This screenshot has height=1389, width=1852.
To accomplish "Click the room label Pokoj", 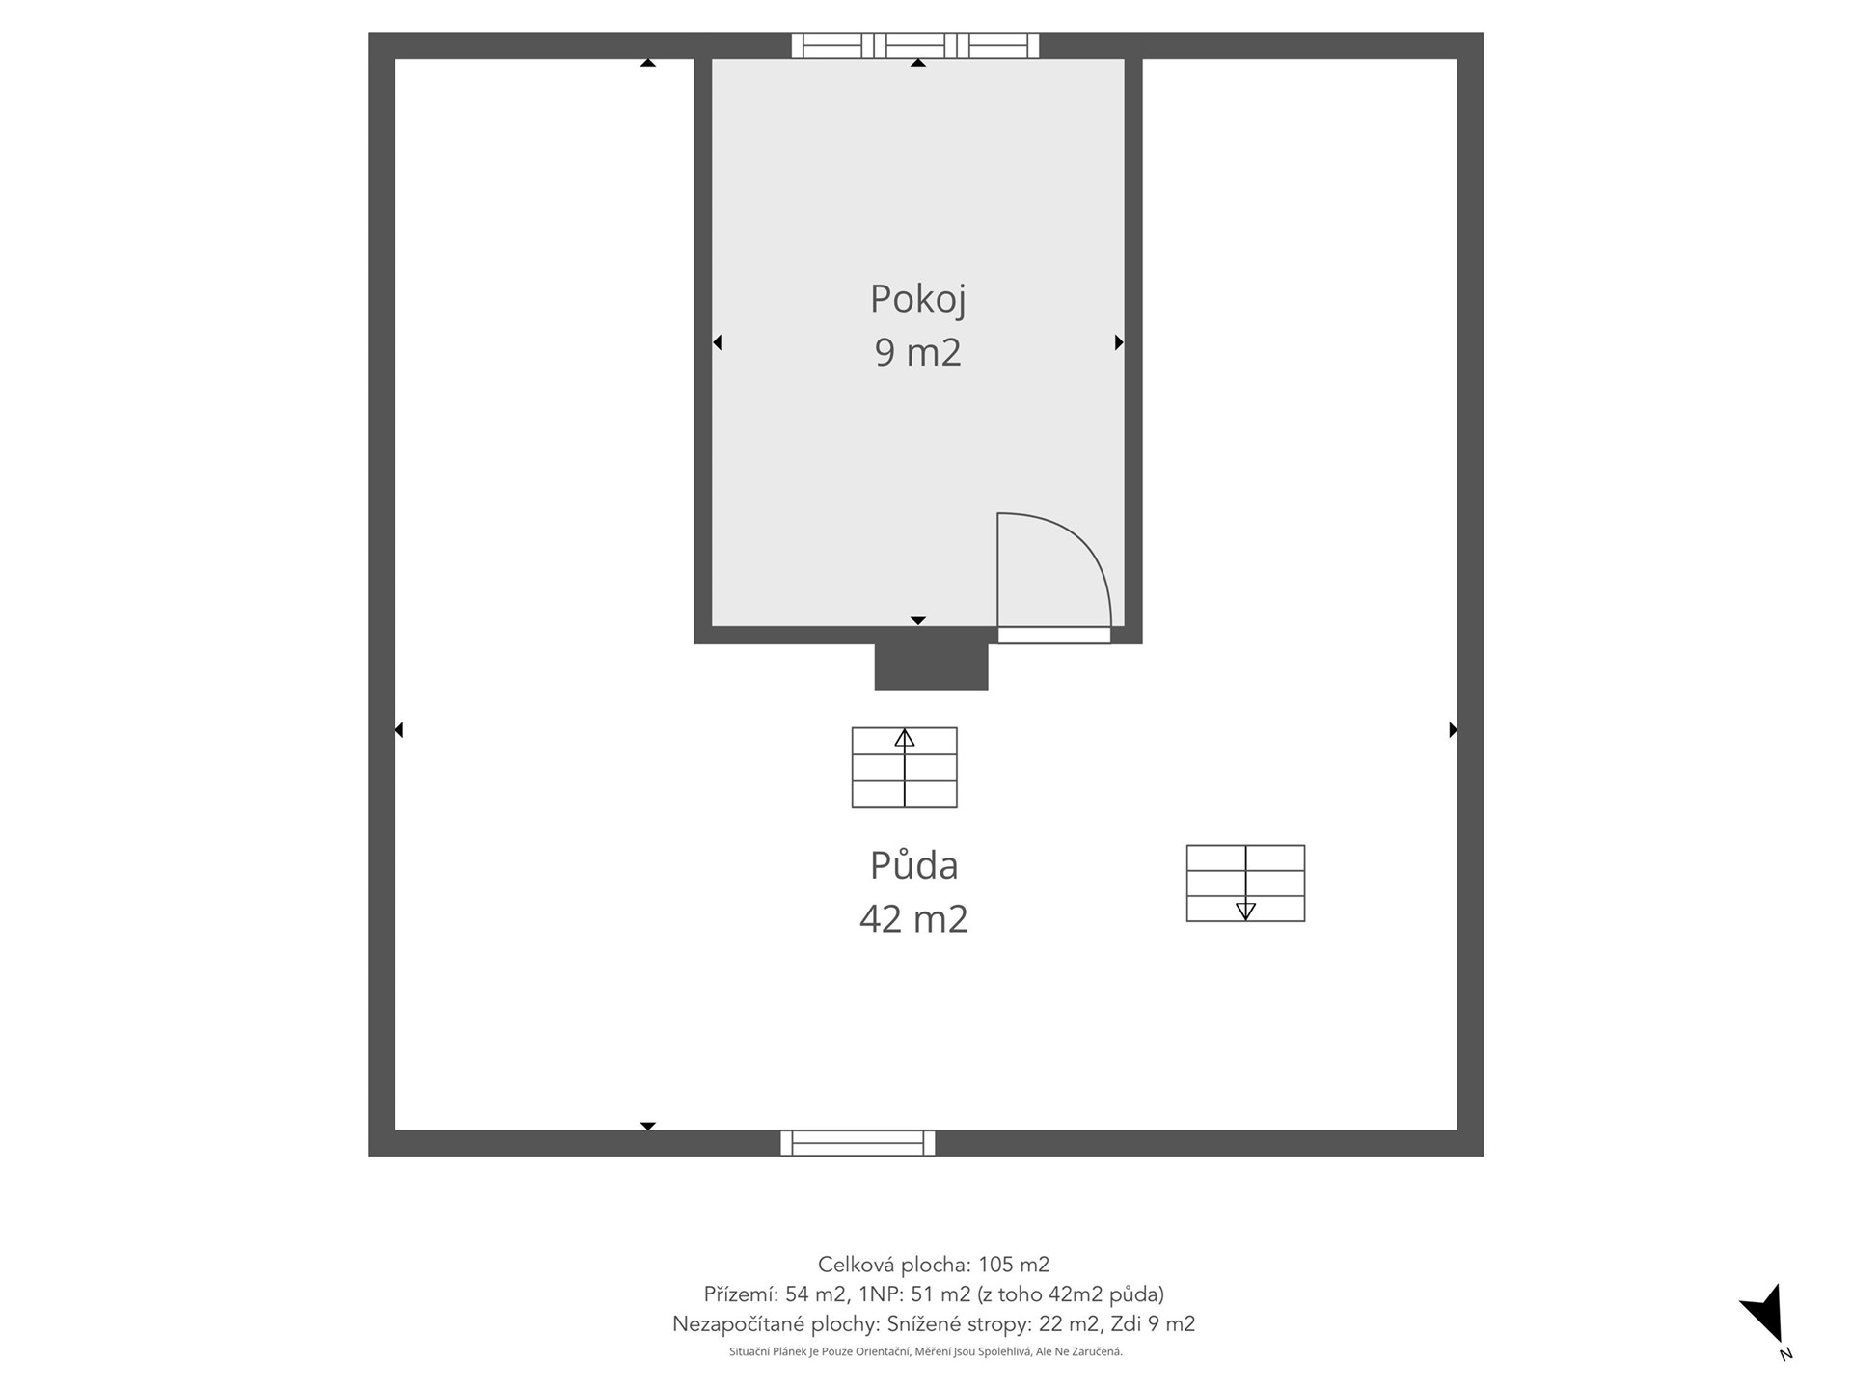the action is click(x=917, y=300).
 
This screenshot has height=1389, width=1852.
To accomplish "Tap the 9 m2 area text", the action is click(x=917, y=352).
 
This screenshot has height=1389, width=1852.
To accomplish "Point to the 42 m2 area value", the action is click(x=913, y=918).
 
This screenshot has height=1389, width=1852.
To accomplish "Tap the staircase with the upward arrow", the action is click(x=904, y=768).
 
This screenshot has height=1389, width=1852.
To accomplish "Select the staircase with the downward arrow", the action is click(x=1245, y=884).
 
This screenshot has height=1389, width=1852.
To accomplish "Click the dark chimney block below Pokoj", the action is click(x=931, y=667).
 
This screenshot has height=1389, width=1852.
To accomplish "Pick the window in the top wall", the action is click(x=915, y=45).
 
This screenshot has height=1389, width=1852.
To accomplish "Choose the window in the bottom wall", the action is click(x=858, y=1143).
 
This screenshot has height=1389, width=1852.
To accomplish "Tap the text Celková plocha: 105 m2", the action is click(x=933, y=1265).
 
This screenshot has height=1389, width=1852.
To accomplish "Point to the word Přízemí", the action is click(x=740, y=1294).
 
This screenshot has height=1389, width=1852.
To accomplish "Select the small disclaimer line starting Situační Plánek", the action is click(x=926, y=1352).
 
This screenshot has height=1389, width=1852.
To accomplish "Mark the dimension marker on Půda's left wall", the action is click(x=399, y=730).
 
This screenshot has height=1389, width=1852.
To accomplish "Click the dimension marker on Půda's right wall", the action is click(x=1454, y=730).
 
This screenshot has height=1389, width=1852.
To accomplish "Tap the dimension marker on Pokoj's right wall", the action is click(x=1119, y=342).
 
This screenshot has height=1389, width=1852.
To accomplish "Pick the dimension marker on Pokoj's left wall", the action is click(x=717, y=342).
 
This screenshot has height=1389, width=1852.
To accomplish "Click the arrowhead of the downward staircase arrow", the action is click(x=1245, y=911).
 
